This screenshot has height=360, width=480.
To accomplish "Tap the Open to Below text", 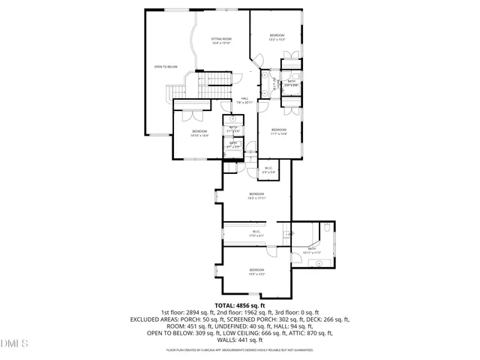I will (166, 67).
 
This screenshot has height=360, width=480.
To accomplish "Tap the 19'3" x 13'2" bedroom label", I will (256, 271).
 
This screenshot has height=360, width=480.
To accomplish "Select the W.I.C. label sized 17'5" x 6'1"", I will (256, 233).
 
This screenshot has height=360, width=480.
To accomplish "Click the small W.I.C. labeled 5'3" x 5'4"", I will (268, 170).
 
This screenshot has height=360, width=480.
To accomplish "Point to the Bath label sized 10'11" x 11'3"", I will (313, 250).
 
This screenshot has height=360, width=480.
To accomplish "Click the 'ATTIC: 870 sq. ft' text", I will (307, 333).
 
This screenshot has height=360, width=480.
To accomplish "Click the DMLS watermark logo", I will (14, 343).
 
